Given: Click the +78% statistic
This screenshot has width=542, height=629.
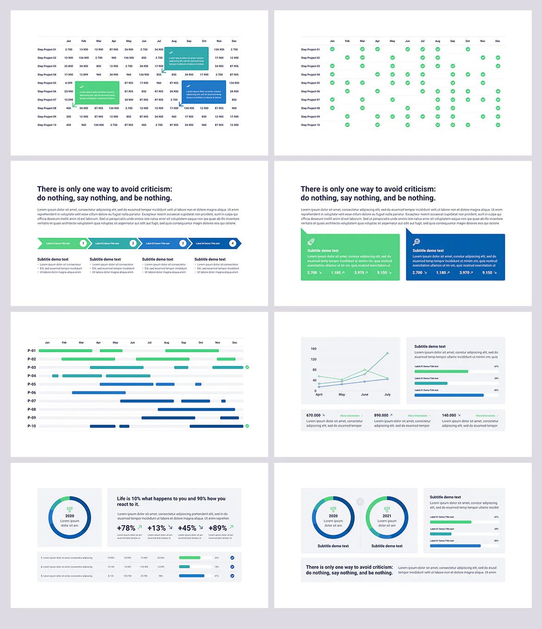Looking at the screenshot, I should point(126,528).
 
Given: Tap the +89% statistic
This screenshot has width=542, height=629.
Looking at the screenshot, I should point(217,528).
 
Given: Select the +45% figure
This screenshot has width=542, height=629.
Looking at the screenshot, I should point(187,528).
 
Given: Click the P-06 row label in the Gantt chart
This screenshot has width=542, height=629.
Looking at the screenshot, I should point(32,393).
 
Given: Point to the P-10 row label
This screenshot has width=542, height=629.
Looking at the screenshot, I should point(32,426).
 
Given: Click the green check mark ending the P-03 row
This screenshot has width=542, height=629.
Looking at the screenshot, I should point(247,367).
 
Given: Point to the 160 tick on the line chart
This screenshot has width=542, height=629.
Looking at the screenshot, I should point(314,349).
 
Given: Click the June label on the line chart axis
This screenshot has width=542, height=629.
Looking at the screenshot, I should point(365,395).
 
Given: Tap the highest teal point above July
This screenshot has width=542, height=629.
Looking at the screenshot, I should point(387,353).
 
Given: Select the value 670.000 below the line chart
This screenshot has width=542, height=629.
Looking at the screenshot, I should point(313,415).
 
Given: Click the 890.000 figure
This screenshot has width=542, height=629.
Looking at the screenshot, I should point(381,415).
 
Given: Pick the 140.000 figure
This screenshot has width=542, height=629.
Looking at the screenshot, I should point(449,415).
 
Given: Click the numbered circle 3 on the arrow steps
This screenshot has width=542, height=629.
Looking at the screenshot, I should point(183,243).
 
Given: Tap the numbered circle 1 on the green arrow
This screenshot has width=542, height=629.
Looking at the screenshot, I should point(83,243).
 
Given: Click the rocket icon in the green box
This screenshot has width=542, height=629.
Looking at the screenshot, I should point(311,242).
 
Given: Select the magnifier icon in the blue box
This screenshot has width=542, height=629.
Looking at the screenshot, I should point(416,242).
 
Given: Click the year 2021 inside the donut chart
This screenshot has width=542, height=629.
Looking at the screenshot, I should point(387,516).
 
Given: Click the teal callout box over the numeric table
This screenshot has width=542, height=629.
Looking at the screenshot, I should point(186,59).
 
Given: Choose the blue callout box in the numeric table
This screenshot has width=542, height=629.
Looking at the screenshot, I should point(204,92).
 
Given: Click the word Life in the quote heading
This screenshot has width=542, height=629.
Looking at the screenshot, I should point(121,499).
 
